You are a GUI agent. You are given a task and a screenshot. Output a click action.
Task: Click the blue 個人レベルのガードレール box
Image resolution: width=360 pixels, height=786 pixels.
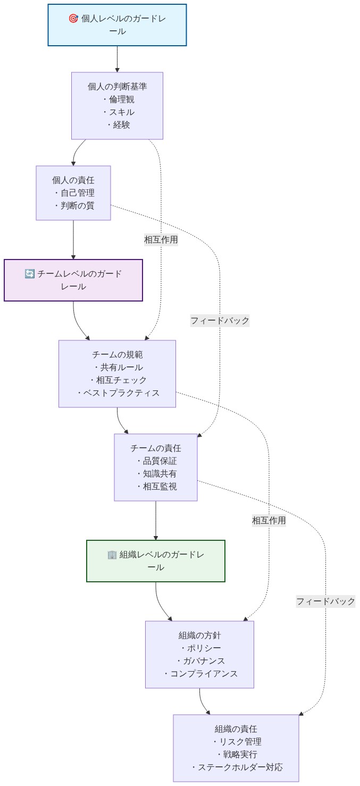click(x=117, y=25)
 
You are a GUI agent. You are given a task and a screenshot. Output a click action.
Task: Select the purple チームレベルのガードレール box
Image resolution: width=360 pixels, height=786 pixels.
click(x=73, y=280)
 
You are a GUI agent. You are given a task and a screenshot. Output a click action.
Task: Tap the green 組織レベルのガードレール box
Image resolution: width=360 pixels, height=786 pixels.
click(x=156, y=561)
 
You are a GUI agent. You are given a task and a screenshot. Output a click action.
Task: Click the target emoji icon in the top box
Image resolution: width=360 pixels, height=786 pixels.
click(x=73, y=19)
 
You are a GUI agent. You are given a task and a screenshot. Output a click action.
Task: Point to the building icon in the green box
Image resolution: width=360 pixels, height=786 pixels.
click(x=112, y=555)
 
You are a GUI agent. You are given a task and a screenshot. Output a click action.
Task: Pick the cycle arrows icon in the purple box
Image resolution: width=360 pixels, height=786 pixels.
click(x=30, y=274)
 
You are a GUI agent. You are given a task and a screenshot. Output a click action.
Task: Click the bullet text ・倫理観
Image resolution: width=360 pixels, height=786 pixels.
click(x=118, y=99)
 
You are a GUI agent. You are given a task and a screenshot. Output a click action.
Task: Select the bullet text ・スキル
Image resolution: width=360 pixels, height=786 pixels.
click(x=118, y=112)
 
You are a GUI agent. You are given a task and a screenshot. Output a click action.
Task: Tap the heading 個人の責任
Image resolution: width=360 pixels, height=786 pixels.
click(x=73, y=180)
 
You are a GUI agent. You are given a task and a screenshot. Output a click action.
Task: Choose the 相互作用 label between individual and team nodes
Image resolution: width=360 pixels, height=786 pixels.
click(x=161, y=239)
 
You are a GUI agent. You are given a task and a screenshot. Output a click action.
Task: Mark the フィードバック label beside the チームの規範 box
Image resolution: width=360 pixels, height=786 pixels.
click(x=220, y=321)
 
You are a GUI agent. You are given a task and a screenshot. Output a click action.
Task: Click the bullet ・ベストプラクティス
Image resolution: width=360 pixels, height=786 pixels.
click(x=118, y=393)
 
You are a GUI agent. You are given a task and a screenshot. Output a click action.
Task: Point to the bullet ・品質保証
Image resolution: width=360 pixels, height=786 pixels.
click(x=156, y=461)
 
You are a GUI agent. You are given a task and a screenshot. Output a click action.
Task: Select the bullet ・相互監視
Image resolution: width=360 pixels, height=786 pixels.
click(x=156, y=487)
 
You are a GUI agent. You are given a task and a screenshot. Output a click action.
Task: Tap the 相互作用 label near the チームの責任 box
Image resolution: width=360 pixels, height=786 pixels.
click(x=269, y=521)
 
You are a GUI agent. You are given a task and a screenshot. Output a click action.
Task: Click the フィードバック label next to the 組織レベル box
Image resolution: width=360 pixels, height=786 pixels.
click(x=325, y=601)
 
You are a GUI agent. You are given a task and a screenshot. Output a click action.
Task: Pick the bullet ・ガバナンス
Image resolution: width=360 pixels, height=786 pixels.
click(x=200, y=661)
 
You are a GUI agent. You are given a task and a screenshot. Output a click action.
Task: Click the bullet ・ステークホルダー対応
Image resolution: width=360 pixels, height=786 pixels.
click(x=236, y=767)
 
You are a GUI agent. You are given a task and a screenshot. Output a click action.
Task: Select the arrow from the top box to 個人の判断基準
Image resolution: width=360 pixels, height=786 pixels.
click(x=117, y=58)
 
